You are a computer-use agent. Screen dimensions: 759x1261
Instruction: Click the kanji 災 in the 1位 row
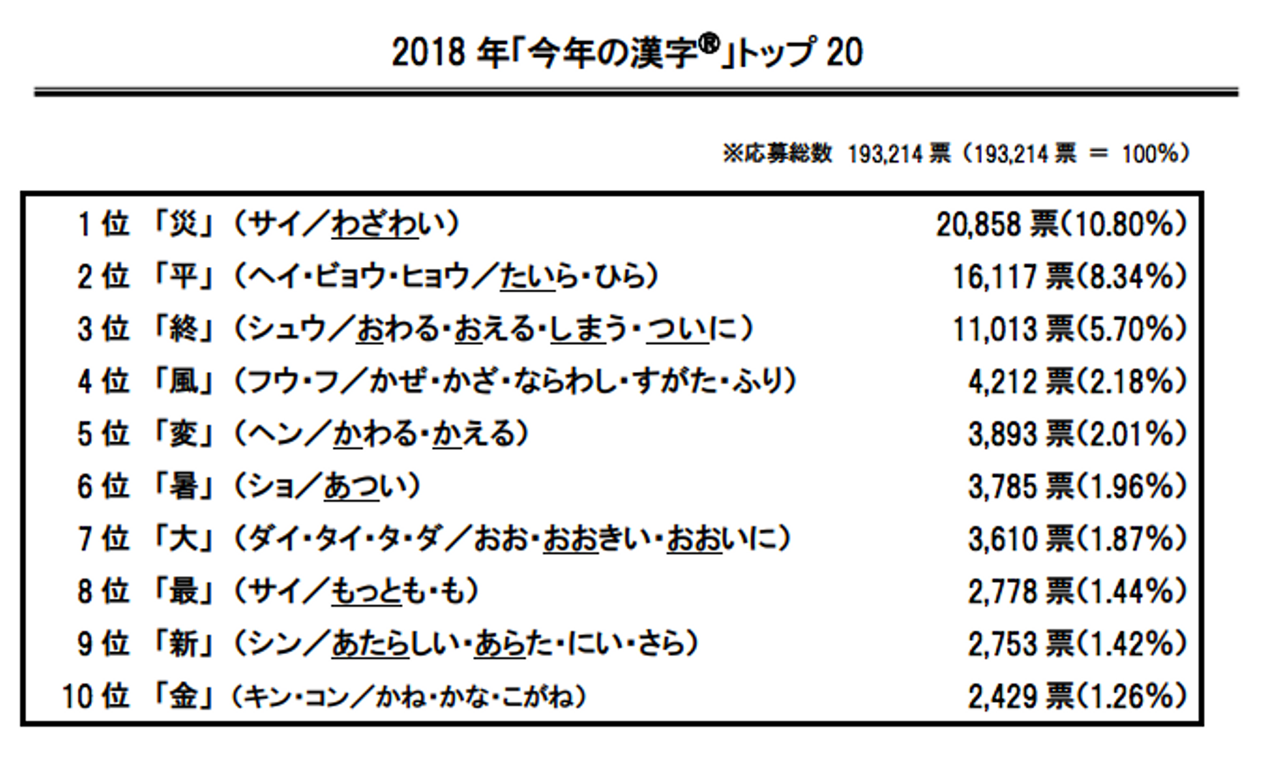(184, 224)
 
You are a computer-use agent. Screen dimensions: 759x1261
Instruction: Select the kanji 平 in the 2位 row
(184, 277)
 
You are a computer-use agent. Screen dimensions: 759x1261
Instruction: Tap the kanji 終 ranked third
(184, 329)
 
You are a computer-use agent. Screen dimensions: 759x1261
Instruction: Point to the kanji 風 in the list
(184, 382)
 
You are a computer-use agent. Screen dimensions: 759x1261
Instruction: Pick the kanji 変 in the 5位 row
(184, 434)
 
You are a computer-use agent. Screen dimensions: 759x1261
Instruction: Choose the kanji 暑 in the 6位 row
(184, 487)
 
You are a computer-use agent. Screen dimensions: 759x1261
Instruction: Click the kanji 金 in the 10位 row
(184, 697)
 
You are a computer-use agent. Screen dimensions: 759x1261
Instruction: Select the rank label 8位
(103, 592)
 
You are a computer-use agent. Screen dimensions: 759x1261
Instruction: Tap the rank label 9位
(103, 644)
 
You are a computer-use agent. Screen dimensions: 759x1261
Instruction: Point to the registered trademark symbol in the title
(709, 43)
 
